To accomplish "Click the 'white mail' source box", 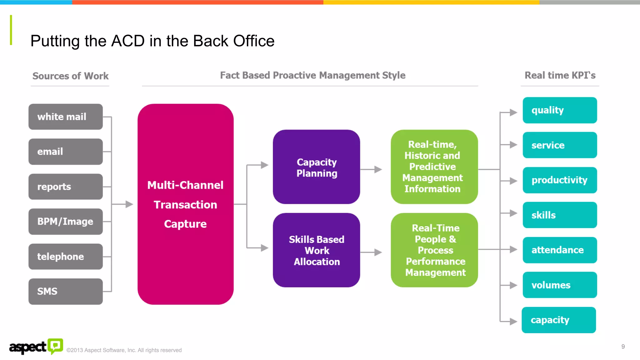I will (x=65, y=117).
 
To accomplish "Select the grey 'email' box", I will (x=65, y=152).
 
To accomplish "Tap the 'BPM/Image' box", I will (x=65, y=222).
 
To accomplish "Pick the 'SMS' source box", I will (x=65, y=291).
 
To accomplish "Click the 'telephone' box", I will (x=65, y=257).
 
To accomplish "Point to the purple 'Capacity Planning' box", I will (x=316, y=167).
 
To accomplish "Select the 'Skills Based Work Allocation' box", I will (x=316, y=250).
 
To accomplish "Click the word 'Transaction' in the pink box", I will (x=185, y=205).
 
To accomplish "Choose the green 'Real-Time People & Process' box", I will (x=434, y=250).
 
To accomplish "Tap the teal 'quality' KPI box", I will (x=559, y=110).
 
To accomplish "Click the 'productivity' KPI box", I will (x=559, y=180).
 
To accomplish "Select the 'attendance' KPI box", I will (x=559, y=250).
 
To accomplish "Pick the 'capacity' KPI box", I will (x=558, y=320).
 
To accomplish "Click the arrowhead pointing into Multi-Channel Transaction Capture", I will (x=129, y=204).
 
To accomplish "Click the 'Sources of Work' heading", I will (x=70, y=76).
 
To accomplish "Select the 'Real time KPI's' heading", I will (x=560, y=75).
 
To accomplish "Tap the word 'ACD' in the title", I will (x=128, y=41).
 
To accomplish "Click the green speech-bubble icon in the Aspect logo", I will (x=55, y=346).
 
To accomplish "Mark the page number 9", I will (x=623, y=347).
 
